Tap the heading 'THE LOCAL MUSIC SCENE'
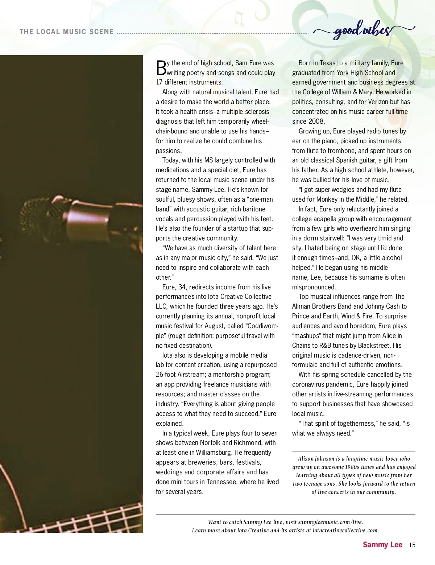pyautogui.click(x=67, y=32)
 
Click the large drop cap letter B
pyautogui.click(x=161, y=68)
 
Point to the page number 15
pyautogui.click(x=412, y=545)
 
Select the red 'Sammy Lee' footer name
pyautogui.click(x=382, y=545)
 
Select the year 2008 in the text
pyautogui.click(x=316, y=121)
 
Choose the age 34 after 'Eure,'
pyautogui.click(x=182, y=287)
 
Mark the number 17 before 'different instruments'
pyautogui.click(x=159, y=82)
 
